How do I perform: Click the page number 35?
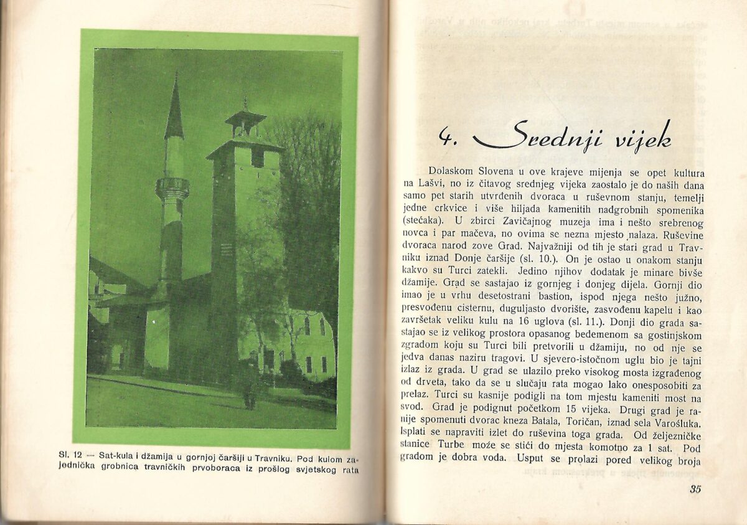tap(695, 489)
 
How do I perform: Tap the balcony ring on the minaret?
tap(172, 187)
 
